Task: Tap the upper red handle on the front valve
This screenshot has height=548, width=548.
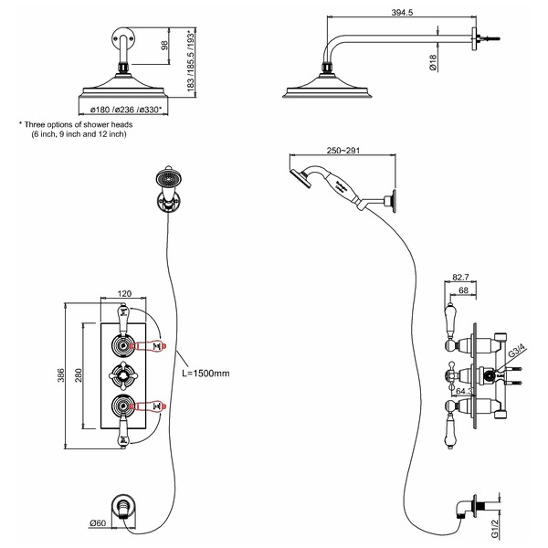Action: click(150, 345)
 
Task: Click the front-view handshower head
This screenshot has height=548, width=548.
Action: click(167, 174)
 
